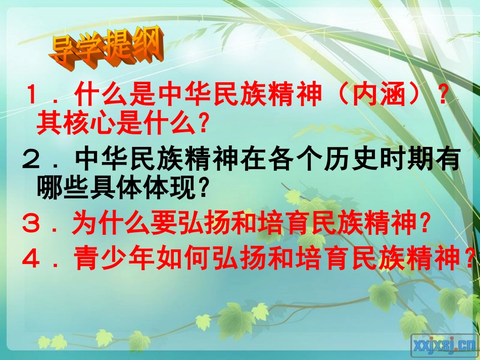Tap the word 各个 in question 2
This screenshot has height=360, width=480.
point(279,161)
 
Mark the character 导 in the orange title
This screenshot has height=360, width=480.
point(63,51)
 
